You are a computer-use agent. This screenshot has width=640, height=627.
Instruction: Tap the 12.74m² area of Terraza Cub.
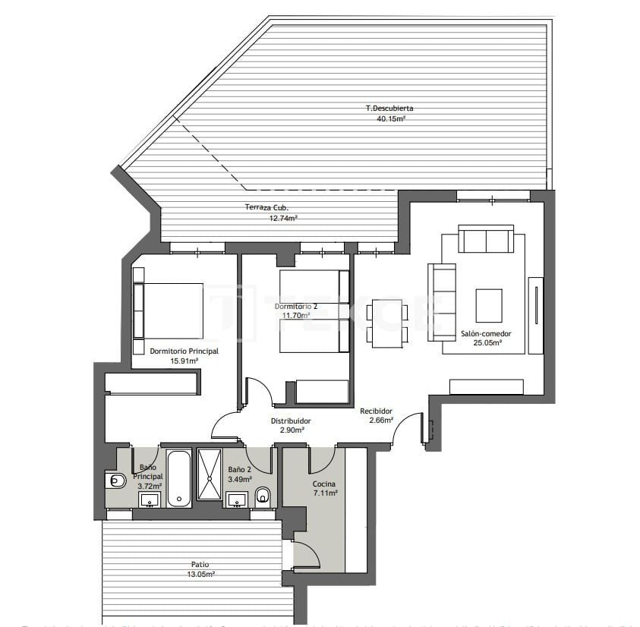coord(282,218)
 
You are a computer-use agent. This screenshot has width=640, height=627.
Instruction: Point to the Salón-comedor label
coord(486,333)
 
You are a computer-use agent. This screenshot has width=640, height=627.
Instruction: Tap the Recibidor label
coord(376,411)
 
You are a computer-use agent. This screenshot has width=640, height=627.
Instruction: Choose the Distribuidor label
coord(291,421)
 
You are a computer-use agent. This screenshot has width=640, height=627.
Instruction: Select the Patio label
coord(200,564)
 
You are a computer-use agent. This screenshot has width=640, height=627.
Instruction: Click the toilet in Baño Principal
coord(115,480)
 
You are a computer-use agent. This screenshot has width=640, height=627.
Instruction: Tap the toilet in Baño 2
coord(263,496)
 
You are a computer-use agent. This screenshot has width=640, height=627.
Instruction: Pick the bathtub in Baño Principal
coord(179,478)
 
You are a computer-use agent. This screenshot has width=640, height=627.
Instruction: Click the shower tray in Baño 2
coord(209,474)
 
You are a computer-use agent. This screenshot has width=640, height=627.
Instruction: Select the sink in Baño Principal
coord(149,499)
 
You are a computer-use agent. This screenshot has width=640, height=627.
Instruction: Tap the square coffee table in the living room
coord(488,306)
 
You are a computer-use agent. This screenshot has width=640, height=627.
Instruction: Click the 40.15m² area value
coord(391,118)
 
